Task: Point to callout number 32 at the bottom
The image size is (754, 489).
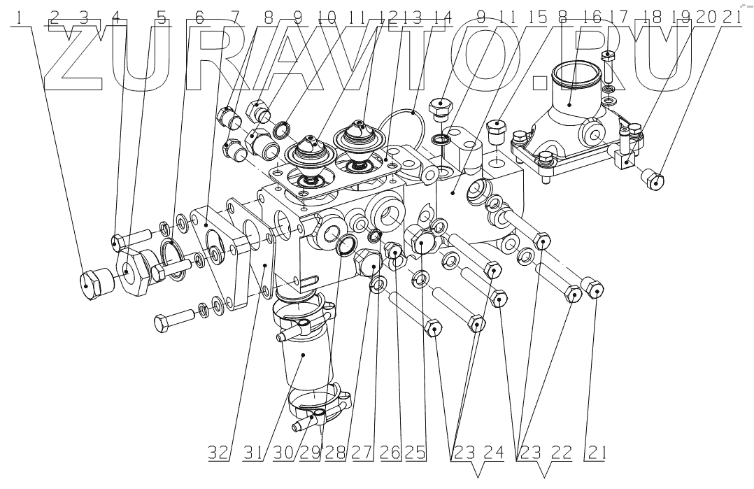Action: click(218, 452)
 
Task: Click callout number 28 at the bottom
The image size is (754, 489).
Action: click(336, 452)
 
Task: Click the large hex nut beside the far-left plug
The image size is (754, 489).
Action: click(131, 269)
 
